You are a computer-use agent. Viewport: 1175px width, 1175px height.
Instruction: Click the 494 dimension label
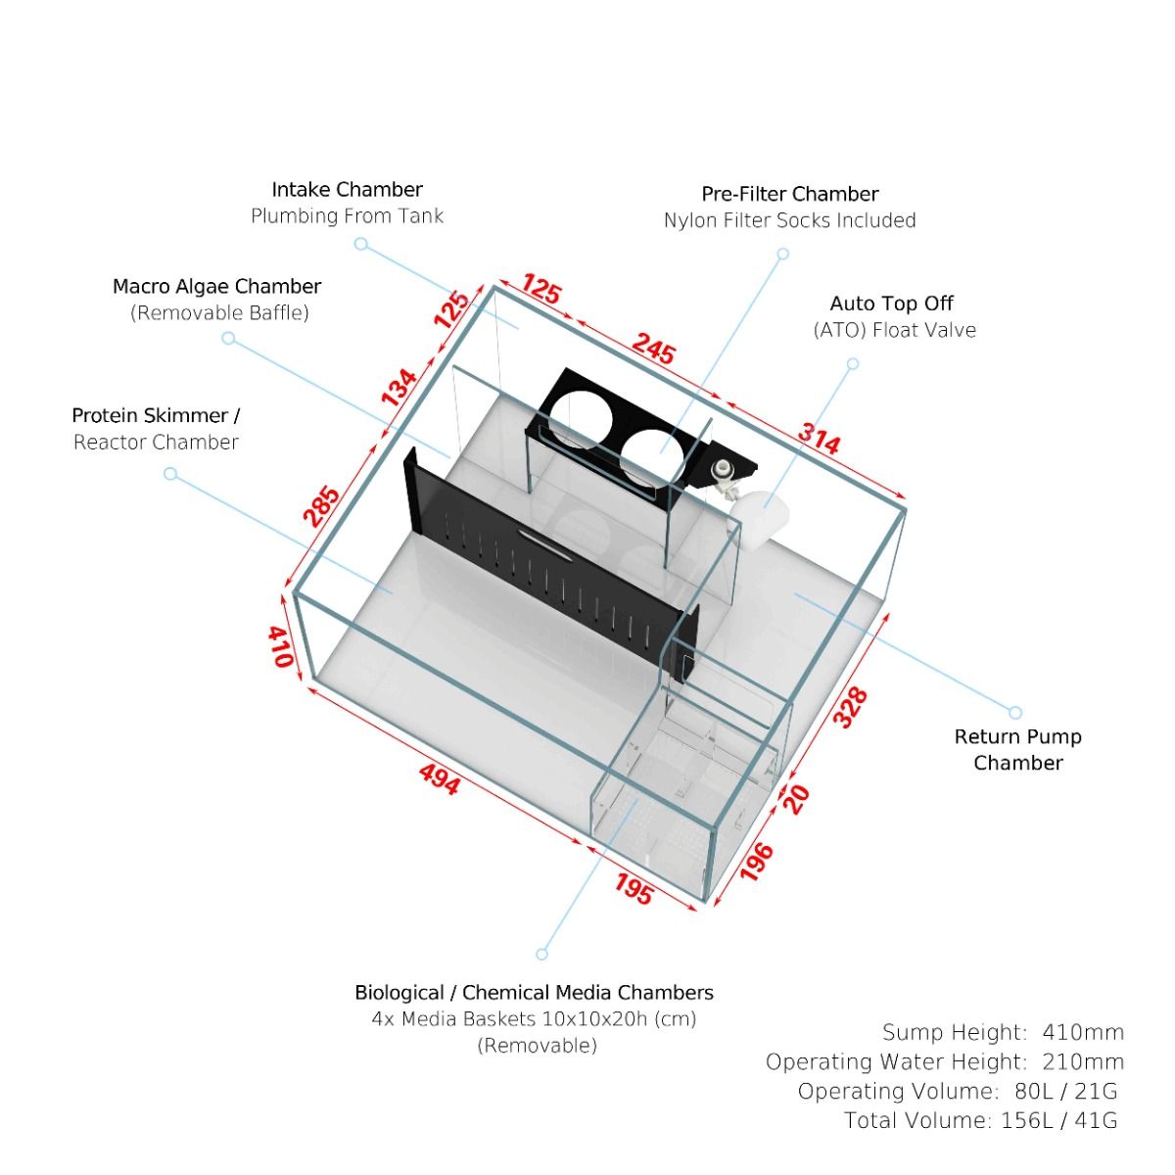tap(439, 778)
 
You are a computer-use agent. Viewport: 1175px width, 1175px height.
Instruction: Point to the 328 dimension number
tap(851, 708)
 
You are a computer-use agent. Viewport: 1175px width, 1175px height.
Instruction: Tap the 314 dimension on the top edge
tap(819, 439)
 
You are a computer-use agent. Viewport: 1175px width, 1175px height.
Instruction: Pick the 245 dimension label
tap(653, 349)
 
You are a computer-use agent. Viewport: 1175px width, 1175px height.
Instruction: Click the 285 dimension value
tap(322, 505)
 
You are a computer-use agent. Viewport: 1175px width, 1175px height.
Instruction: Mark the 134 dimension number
tap(399, 389)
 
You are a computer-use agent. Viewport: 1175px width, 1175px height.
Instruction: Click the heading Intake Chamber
tap(347, 189)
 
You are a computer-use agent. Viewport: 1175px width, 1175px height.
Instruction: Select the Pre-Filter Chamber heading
tap(789, 194)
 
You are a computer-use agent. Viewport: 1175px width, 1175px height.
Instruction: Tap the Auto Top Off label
tap(891, 304)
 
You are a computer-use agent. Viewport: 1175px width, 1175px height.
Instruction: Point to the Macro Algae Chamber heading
tap(216, 287)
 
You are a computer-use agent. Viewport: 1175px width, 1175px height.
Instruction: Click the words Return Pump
tap(1017, 737)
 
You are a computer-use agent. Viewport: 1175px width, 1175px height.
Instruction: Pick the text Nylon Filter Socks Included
tap(789, 220)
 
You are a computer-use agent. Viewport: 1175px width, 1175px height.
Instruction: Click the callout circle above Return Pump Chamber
tap(1015, 713)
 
